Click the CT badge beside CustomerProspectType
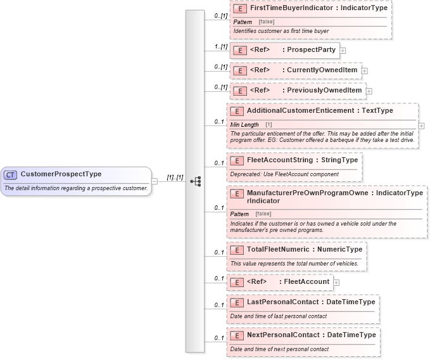click(11, 174)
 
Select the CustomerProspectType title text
click(61, 174)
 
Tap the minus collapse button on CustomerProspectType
click(155, 181)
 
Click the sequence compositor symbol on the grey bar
click(195, 181)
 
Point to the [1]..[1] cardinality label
click(175, 177)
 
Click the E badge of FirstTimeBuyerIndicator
click(239, 9)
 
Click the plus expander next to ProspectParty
click(343, 50)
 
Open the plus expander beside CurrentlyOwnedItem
click(365, 70)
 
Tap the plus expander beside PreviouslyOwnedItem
click(369, 91)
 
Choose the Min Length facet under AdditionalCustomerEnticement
click(244, 125)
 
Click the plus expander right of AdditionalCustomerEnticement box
click(422, 125)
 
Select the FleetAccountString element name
click(280, 160)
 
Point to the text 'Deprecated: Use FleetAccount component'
click(284, 174)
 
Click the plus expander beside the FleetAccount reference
click(336, 282)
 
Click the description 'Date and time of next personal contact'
click(279, 349)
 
